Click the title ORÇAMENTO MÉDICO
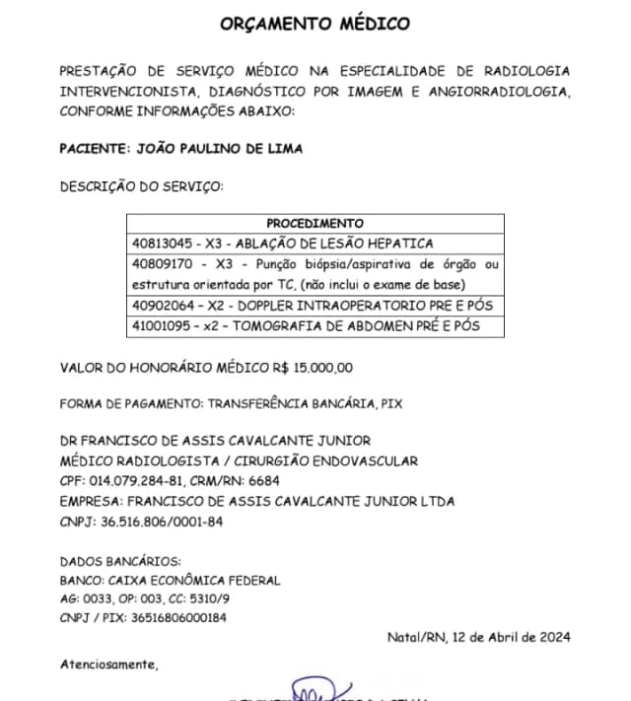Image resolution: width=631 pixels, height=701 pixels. click(315, 24)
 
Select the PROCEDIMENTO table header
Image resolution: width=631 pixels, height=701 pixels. click(315, 224)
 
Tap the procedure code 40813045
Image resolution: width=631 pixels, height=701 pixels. click(162, 243)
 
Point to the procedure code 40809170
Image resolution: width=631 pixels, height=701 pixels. click(162, 264)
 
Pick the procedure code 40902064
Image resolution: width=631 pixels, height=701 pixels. click(162, 306)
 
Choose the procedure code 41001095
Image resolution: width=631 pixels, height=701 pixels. click(162, 326)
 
